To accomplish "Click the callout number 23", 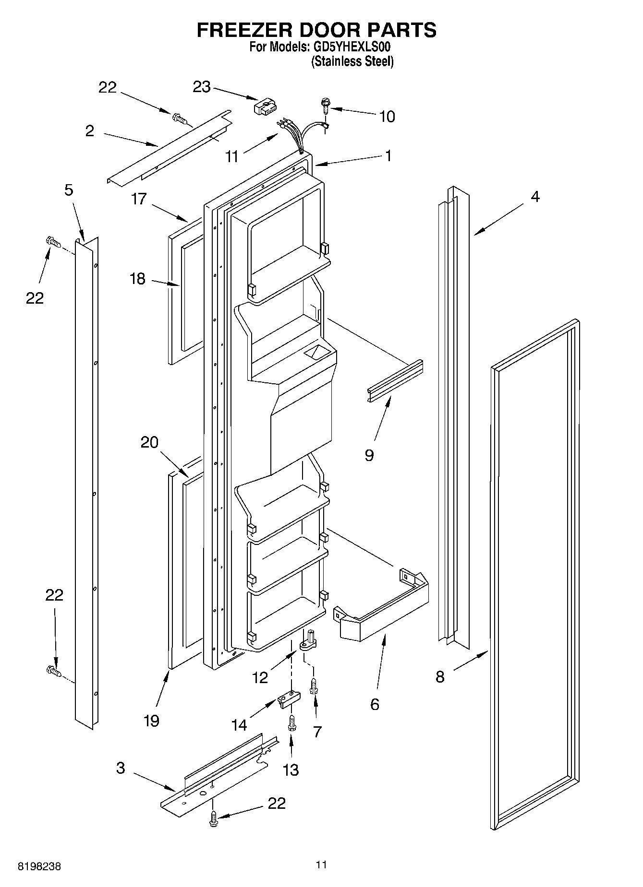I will pos(202,87).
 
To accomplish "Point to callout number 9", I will pos(369,455).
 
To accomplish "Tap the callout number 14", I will pos(239,725).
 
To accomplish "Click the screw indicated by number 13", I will pos(291,721).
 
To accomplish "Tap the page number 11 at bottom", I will pos(321,864).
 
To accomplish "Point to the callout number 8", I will pos(440,677).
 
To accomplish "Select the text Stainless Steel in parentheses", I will pos(352,61).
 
